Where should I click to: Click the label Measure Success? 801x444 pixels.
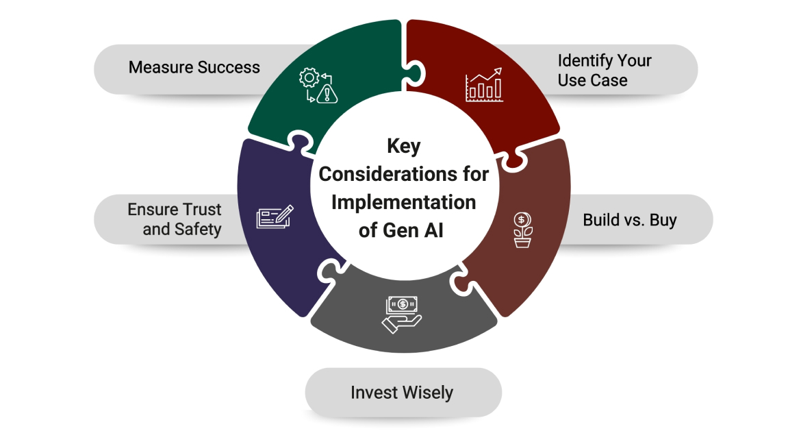click(x=194, y=67)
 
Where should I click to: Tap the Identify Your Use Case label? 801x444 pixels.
click(x=604, y=70)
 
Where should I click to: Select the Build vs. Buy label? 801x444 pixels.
click(x=629, y=220)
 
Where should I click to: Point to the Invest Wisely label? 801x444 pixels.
click(x=402, y=393)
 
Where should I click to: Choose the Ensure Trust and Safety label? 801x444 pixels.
click(x=175, y=219)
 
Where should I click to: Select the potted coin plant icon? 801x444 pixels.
click(x=522, y=230)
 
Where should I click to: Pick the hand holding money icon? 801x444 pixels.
click(x=402, y=314)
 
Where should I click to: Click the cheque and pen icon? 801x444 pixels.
click(x=274, y=217)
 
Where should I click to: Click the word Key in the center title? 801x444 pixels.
click(x=404, y=146)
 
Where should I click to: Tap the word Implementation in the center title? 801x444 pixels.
click(x=403, y=202)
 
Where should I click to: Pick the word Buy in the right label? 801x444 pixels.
click(x=663, y=220)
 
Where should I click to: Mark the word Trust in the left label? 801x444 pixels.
click(x=202, y=210)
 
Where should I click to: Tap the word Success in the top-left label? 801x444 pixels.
click(x=228, y=67)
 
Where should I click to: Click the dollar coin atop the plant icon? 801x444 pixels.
click(x=522, y=220)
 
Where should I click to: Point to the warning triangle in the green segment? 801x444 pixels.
click(x=329, y=95)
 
